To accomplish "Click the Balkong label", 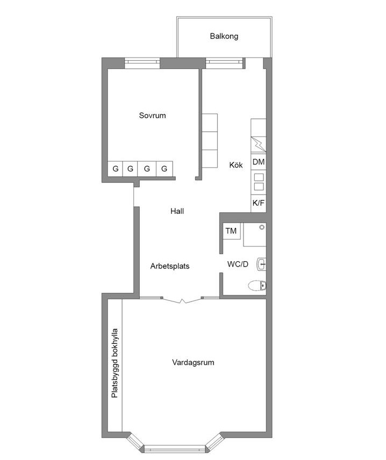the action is [224, 37].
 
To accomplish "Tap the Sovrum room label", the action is [152, 116].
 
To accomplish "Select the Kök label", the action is [236, 165].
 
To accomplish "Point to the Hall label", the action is [177, 211].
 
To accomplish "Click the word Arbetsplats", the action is [170, 266].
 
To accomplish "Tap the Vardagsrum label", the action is [193, 362].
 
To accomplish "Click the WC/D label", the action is [238, 264].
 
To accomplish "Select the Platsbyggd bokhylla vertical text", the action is [115, 363].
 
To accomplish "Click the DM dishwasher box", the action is [259, 162].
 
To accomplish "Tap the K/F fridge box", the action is [259, 203].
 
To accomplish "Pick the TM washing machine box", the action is [231, 231].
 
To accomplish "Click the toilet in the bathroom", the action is [257, 285].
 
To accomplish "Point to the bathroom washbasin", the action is [261, 264].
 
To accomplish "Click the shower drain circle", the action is [262, 227].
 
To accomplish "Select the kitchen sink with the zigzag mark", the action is [259, 145].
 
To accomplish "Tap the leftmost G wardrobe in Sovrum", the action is [116, 169].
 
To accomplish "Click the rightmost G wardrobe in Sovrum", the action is [165, 169].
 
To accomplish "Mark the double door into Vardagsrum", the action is [182, 300].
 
